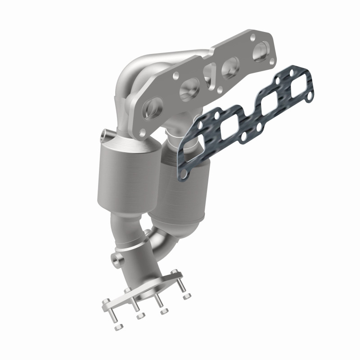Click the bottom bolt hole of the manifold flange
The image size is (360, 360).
(x=142, y=131)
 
